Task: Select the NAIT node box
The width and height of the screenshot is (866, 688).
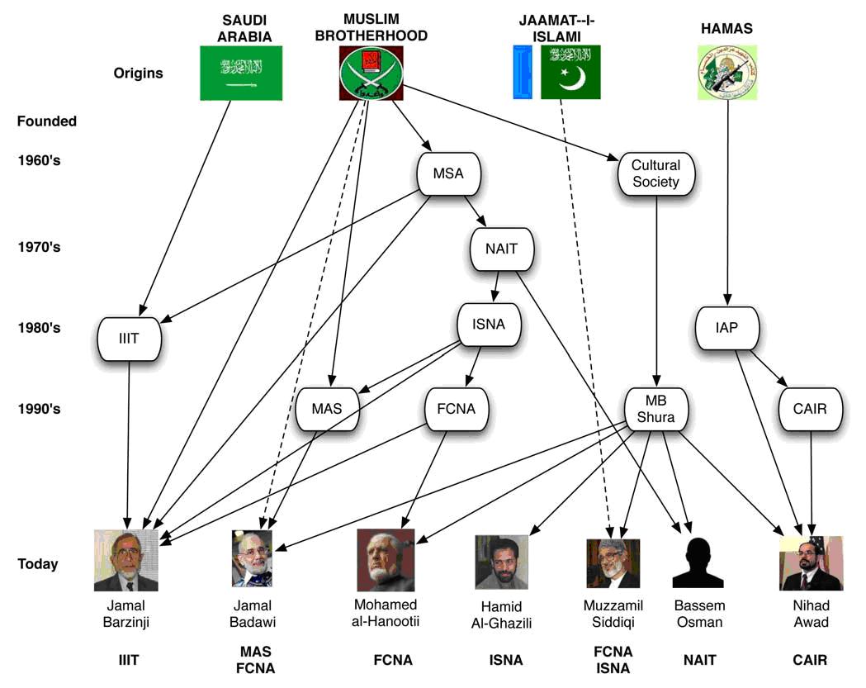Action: [x=502, y=248]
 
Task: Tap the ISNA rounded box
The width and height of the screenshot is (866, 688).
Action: [x=492, y=325]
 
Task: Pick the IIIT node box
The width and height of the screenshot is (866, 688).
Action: [x=129, y=338]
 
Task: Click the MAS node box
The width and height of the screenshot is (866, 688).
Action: [x=327, y=408]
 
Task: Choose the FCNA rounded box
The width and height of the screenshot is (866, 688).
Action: [x=457, y=408]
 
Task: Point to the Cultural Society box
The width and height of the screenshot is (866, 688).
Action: [x=655, y=173]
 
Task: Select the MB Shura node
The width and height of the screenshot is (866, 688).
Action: [x=655, y=408]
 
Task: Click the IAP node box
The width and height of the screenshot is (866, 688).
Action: [x=727, y=327]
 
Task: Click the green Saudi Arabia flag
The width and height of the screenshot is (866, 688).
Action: [x=241, y=73]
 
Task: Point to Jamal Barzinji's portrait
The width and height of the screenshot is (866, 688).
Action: [x=126, y=560]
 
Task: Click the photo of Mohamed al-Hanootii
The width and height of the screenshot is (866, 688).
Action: [x=386, y=560]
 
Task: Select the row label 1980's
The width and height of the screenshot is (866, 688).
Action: [x=39, y=328]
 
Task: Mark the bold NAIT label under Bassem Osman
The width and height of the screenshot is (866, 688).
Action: [x=698, y=660]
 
